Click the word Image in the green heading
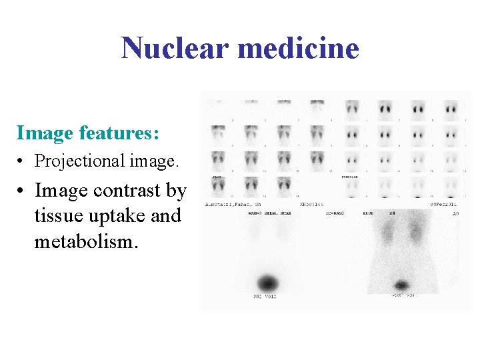45,133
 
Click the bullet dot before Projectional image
22,161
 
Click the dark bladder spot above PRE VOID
267,281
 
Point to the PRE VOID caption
265,296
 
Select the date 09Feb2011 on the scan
443,203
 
